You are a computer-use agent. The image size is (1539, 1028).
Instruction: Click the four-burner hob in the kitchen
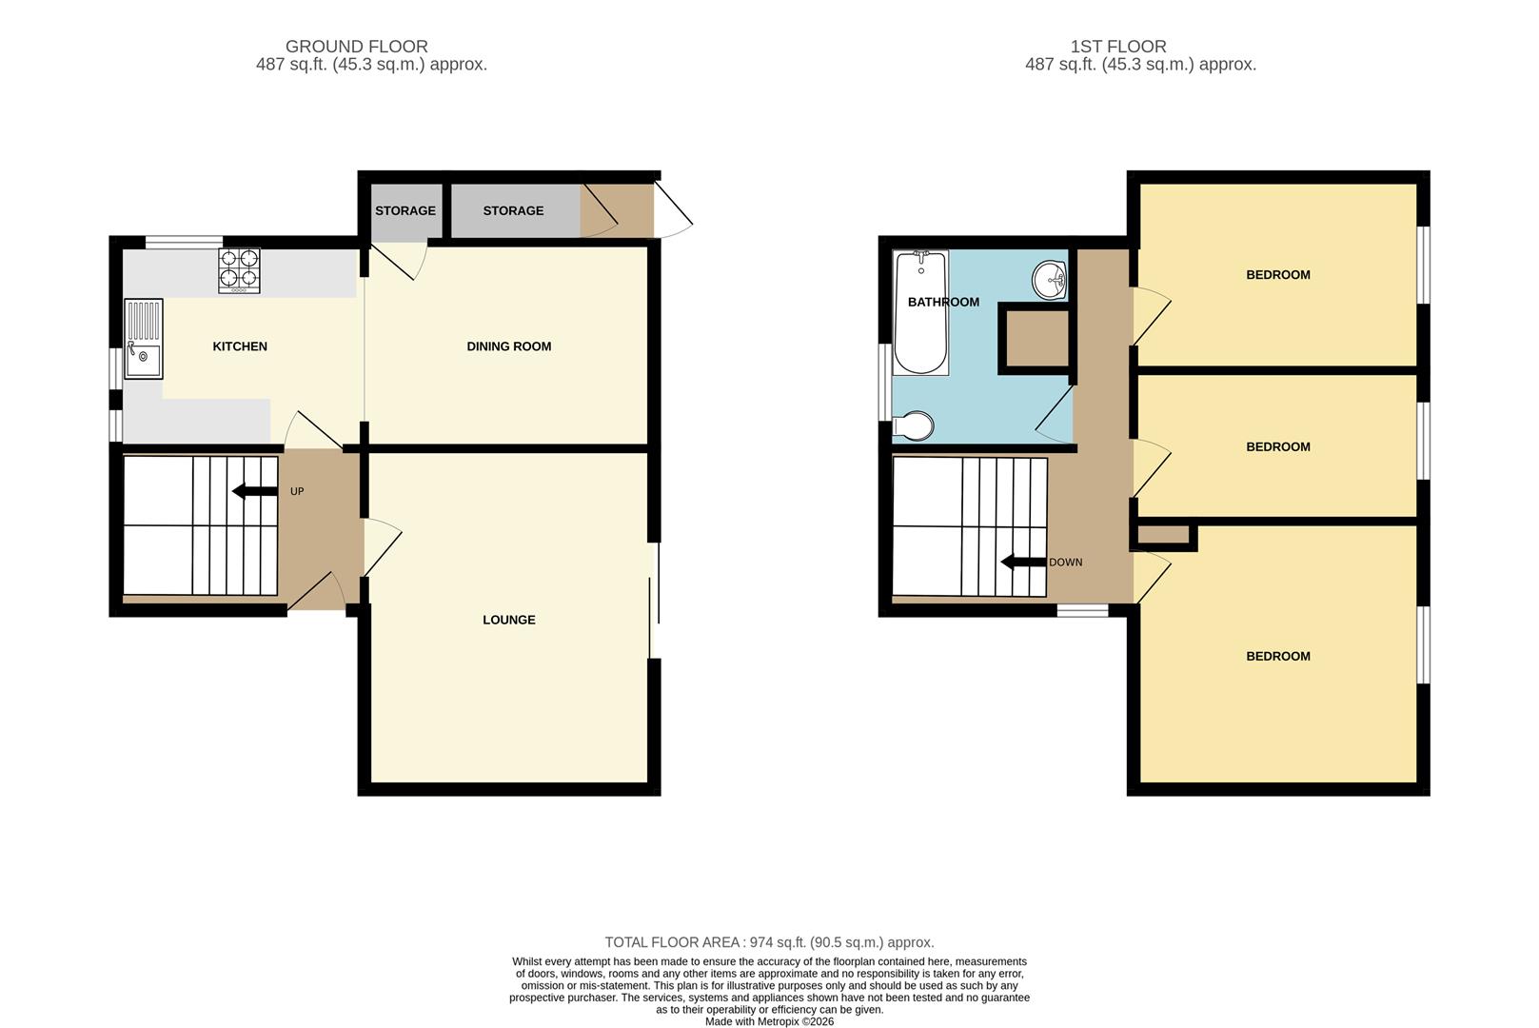[x=240, y=269]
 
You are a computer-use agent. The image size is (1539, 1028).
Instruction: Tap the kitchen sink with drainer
[x=144, y=339]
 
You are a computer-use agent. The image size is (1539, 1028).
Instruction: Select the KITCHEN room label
[x=240, y=346]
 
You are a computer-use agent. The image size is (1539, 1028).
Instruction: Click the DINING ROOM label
[x=508, y=346]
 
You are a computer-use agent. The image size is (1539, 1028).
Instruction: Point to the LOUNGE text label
[x=508, y=620]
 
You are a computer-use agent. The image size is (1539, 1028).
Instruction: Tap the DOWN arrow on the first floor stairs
[x=1023, y=563]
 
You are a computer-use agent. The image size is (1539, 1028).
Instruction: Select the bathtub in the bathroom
[x=920, y=312]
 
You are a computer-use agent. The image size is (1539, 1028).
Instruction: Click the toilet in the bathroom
[x=915, y=425]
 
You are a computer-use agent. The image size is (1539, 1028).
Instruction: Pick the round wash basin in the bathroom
[x=1050, y=279]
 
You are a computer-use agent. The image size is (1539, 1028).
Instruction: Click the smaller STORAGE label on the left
[x=405, y=210]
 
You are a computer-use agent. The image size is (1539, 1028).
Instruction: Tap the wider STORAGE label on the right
[x=513, y=210]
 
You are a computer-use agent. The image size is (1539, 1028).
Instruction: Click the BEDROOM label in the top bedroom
[x=1277, y=275]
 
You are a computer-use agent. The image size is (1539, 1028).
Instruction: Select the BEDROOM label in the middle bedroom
[x=1277, y=446]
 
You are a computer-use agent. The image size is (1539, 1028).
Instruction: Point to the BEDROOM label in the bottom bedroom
[x=1277, y=656]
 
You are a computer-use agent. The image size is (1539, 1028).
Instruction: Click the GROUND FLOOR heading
[x=357, y=46]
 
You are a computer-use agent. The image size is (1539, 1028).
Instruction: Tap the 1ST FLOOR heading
[x=1118, y=46]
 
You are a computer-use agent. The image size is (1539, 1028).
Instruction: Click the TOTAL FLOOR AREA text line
[x=769, y=942]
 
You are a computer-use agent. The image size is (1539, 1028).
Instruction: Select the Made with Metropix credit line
[x=769, y=1021]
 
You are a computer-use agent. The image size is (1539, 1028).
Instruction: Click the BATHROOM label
[x=943, y=302]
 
